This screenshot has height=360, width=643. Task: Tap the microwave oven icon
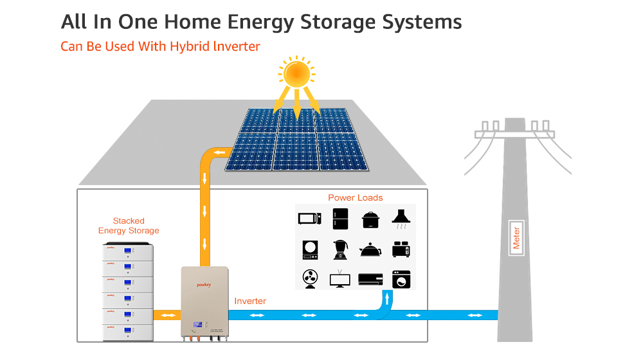[x=309, y=218]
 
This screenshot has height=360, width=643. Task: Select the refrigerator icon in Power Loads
[x=341, y=219]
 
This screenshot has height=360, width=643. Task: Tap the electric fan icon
[x=309, y=278]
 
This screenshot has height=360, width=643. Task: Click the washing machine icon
[x=401, y=279]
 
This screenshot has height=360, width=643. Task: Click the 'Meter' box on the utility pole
[x=516, y=238]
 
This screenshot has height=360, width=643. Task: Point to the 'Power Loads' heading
[x=356, y=197]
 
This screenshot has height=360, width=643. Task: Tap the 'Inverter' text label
[x=250, y=301]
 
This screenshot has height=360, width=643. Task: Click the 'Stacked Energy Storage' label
[x=129, y=226]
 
